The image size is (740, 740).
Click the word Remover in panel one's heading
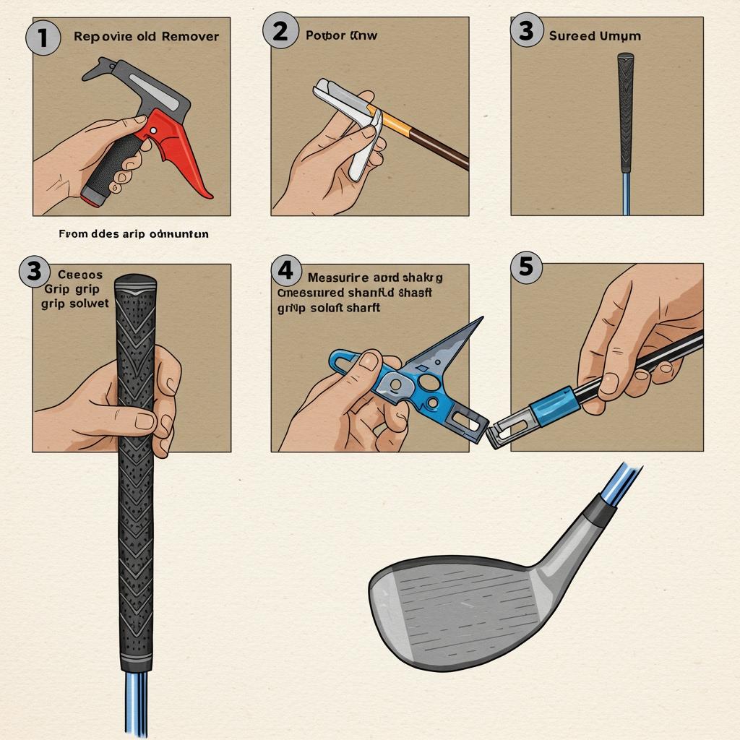[x=189, y=35]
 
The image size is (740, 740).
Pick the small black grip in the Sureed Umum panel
[x=626, y=108]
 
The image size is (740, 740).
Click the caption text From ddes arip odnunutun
[x=134, y=234]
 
